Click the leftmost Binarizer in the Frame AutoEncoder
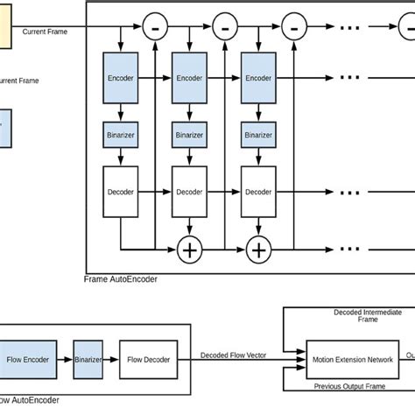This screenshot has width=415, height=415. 121,136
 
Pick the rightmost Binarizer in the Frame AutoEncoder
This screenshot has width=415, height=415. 258,136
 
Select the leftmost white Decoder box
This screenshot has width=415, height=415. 121,191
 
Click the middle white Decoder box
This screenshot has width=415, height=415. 189,191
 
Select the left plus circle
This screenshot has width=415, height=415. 189,250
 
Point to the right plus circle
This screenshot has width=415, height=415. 258,250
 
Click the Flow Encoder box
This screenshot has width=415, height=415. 30,359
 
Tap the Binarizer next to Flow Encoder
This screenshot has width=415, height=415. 88,359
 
